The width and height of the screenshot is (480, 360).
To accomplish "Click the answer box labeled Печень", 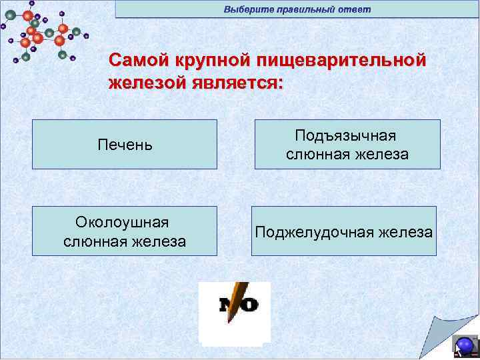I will point(125,144).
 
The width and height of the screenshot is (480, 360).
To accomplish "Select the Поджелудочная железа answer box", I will point(343,231).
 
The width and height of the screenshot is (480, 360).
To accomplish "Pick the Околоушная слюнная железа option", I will point(125,231).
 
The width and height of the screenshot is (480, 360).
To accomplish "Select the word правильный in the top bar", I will point(303,9).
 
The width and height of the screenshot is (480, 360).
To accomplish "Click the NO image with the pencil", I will point(235,311).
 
